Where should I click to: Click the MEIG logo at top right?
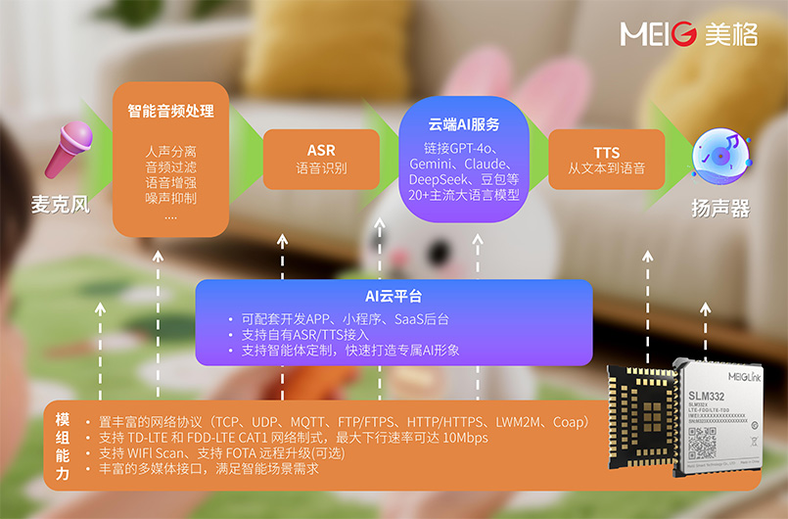pos(688,35)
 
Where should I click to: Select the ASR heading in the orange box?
pos(321,150)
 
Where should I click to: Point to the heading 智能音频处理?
pos(171,111)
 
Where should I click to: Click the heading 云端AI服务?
pos(464,124)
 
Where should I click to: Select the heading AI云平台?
pos(394,296)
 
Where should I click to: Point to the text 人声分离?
pos(170,152)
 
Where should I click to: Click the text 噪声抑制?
pos(170,199)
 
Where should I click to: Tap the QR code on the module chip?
pos(703,444)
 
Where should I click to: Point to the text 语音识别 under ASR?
pos(321,168)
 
